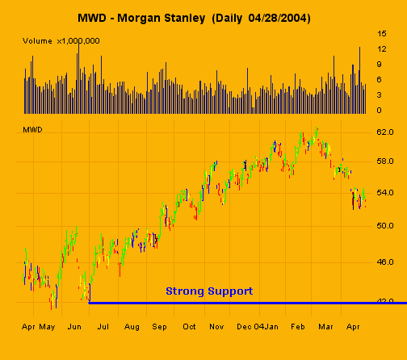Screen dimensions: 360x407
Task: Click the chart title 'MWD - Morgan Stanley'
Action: [147, 17]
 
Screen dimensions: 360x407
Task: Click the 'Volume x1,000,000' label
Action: [61, 40]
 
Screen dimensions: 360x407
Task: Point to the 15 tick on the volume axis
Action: [381, 34]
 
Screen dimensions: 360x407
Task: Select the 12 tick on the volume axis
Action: [381, 49]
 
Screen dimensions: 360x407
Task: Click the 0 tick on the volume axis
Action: [380, 110]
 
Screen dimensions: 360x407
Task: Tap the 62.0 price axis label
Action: [384, 131]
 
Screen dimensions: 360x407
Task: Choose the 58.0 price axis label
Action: [384, 161]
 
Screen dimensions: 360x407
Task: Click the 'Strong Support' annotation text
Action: [209, 291]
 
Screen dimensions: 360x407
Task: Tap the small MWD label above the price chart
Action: [32, 129]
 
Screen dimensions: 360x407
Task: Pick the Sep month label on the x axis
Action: [159, 327]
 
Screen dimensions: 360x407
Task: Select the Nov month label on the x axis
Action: [216, 327]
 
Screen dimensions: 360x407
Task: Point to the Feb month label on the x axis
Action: [297, 327]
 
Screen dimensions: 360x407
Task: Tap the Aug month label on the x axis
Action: [132, 327]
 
